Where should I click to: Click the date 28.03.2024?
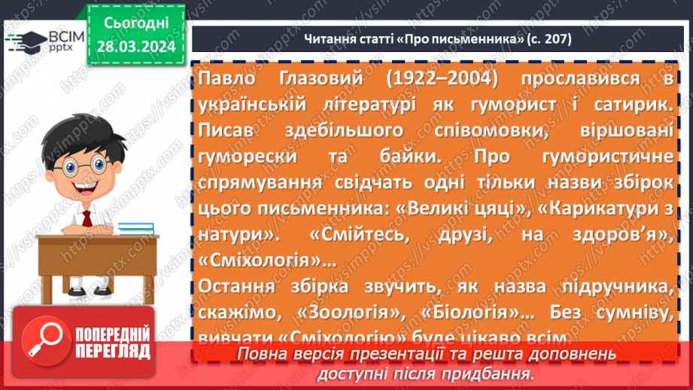coord(136,47)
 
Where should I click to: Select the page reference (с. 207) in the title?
coord(547,38)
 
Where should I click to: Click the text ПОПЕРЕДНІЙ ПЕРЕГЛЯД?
coord(113,342)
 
